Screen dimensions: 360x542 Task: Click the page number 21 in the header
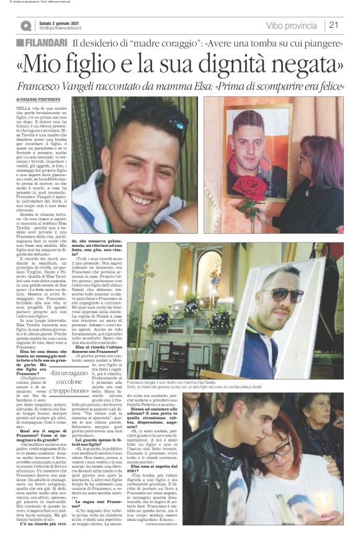tap(334, 25)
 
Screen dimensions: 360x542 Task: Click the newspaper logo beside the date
tap(25, 25)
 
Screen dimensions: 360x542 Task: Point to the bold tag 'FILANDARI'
tap(43, 43)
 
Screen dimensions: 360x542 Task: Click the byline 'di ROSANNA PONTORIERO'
tap(42, 99)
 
